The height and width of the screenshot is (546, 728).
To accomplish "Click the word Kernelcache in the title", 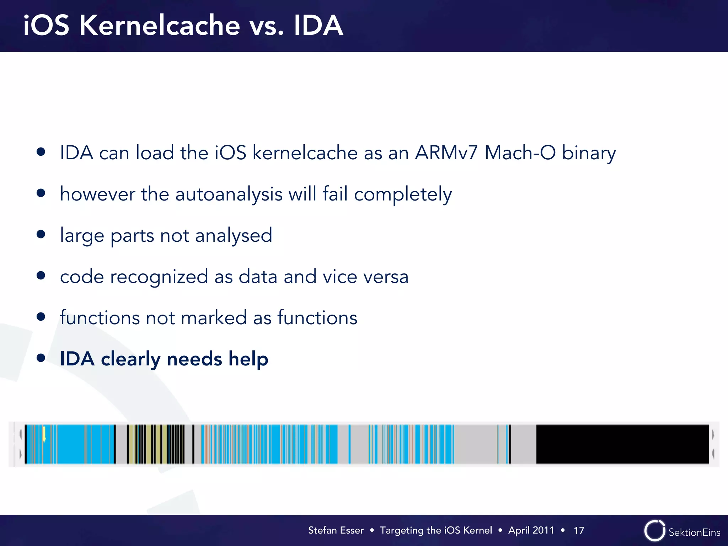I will tap(160, 26).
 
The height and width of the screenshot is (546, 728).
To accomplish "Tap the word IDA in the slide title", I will tap(318, 26).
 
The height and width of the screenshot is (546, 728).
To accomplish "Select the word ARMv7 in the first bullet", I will tap(446, 153).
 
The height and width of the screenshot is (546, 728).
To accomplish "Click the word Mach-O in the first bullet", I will tap(520, 153).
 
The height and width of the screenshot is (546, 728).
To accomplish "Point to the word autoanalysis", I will tap(229, 194).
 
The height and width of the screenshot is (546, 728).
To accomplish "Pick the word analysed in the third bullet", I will tap(234, 236).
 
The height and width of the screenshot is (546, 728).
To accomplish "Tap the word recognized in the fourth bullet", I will tap(159, 277).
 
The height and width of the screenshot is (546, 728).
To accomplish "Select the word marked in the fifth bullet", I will tap(214, 318).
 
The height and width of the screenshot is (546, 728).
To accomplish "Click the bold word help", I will tap(248, 359).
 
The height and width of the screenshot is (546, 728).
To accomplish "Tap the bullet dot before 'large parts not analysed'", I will tap(41, 234).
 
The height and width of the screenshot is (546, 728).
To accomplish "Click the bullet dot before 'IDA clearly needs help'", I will tap(41, 358).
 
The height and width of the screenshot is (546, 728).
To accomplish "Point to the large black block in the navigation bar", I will tap(622, 444).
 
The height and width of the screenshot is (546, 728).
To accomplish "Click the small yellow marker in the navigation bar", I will tap(44, 434).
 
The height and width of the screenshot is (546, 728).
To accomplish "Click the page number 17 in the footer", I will tap(579, 530).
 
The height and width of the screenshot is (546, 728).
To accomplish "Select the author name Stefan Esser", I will tap(336, 530).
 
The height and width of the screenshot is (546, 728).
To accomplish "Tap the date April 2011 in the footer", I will tap(531, 530).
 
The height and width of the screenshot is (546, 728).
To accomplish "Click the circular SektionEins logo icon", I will tap(654, 531).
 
